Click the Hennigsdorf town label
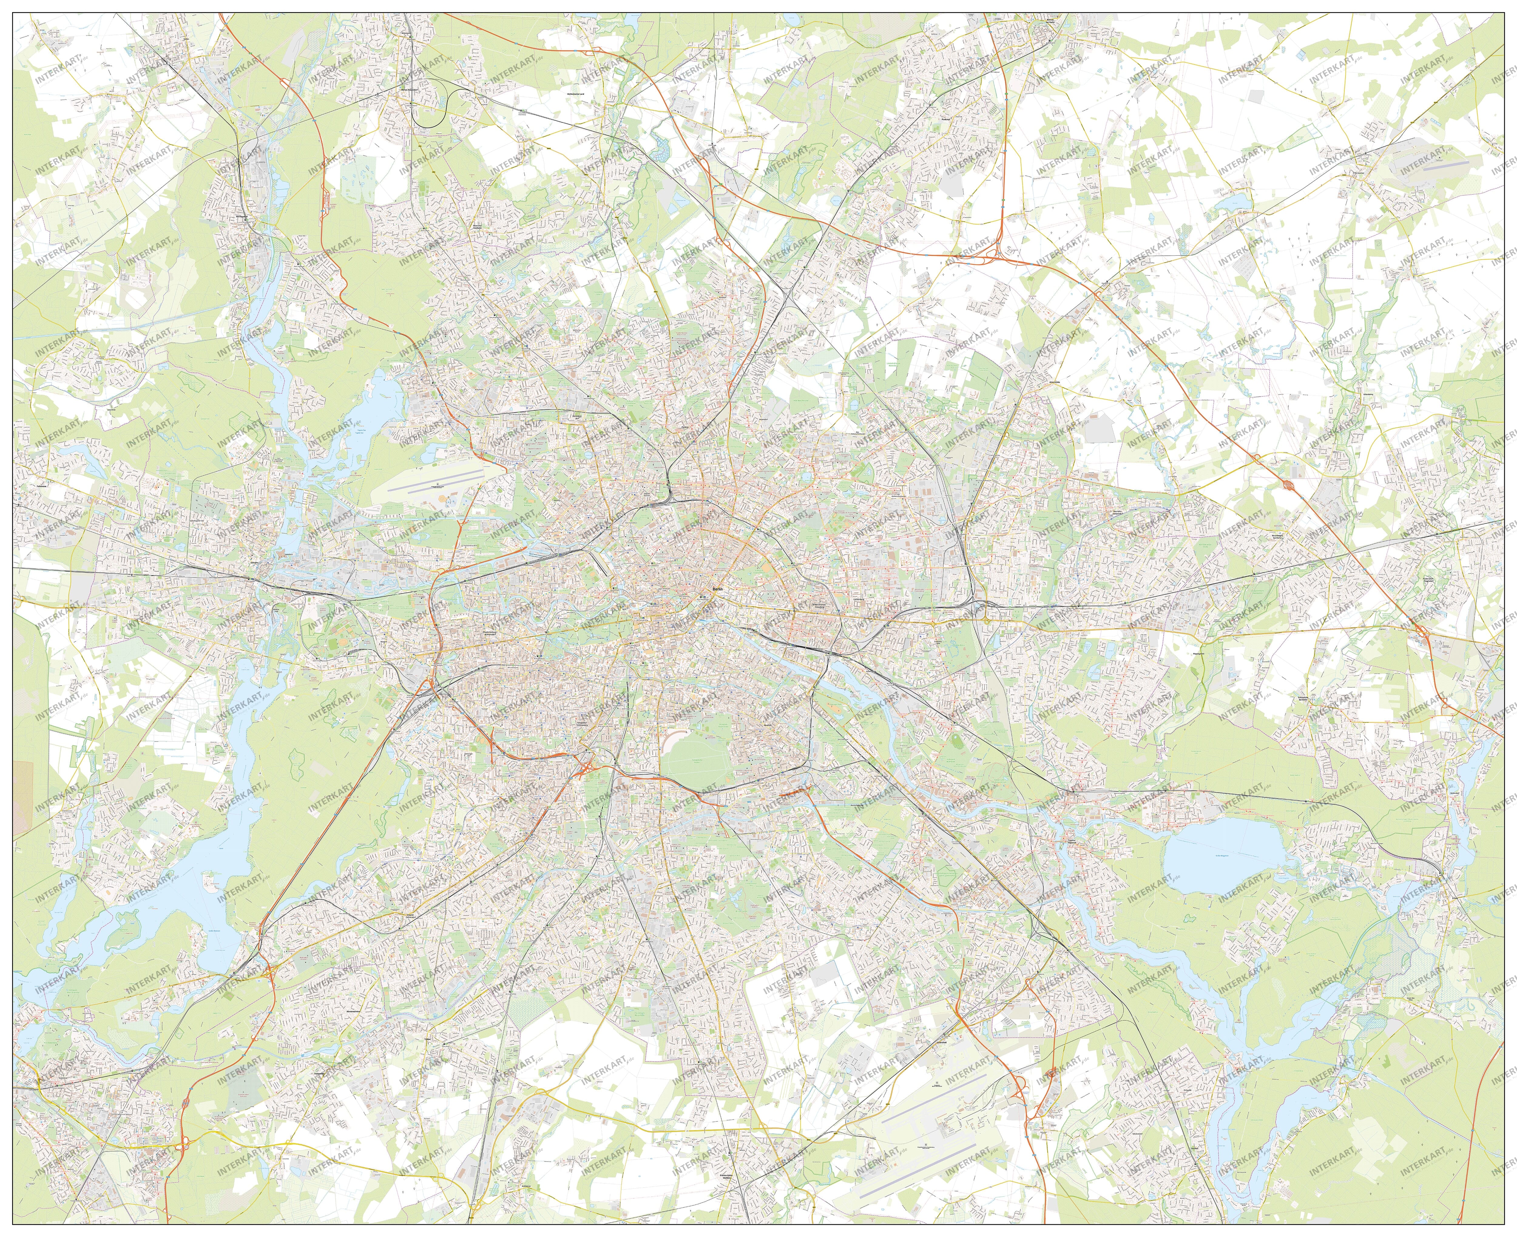[245, 218]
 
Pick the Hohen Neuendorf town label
[409, 90]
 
